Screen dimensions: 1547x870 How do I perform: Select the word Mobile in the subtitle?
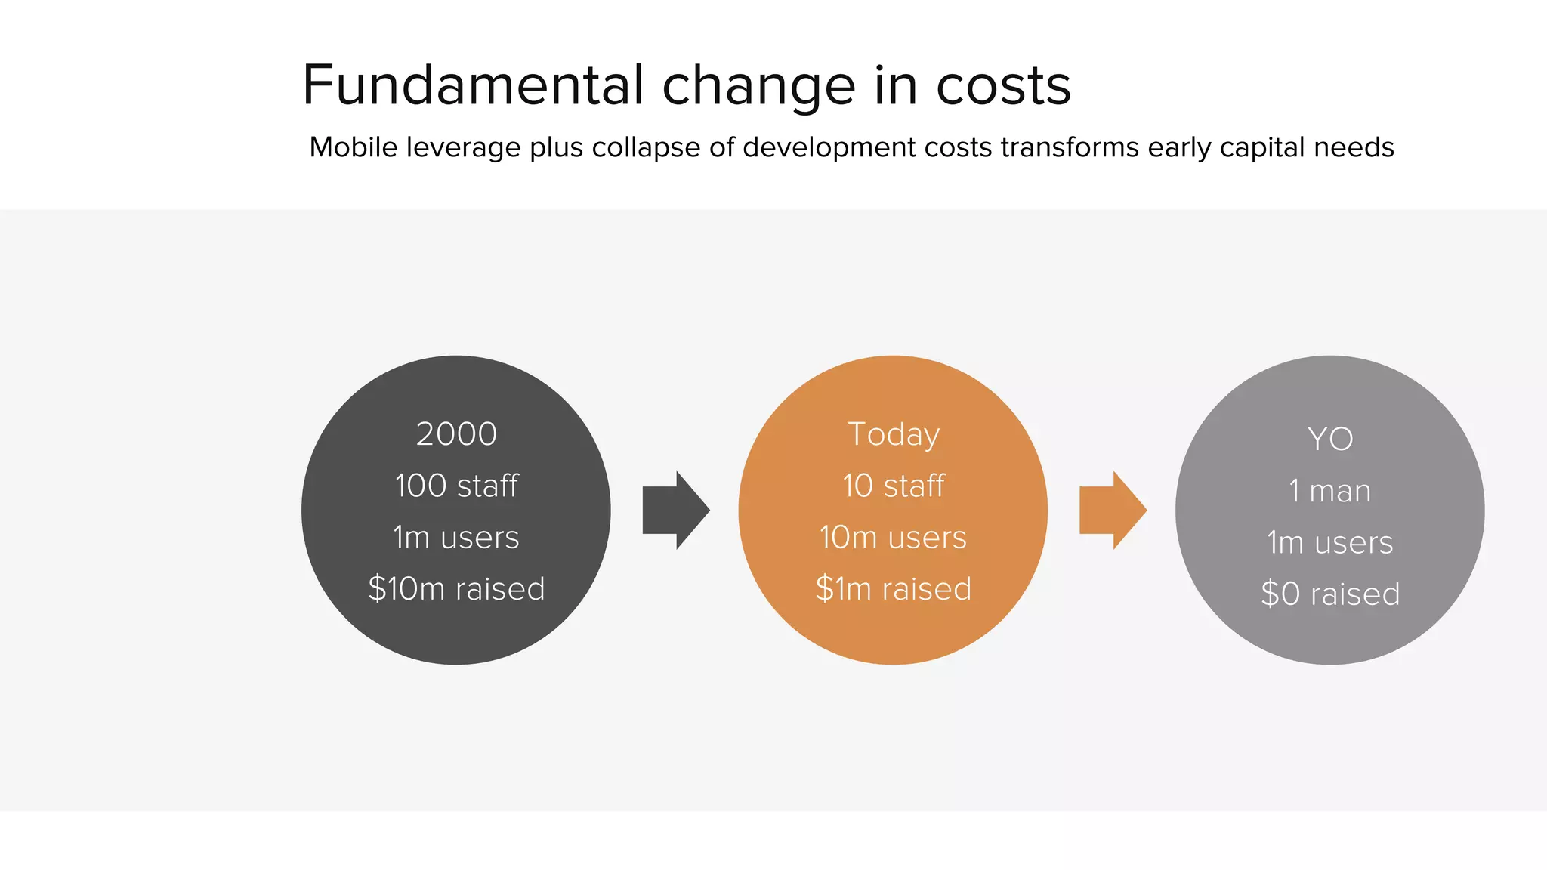(x=353, y=147)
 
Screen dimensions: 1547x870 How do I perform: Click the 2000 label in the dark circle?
(x=456, y=434)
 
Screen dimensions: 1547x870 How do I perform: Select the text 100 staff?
(x=456, y=486)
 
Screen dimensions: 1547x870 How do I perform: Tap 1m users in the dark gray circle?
(x=456, y=538)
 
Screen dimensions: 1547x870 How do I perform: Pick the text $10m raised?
(x=456, y=589)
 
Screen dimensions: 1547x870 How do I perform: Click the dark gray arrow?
(x=674, y=511)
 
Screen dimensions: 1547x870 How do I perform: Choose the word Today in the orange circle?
(x=894, y=434)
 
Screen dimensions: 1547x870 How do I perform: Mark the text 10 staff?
(x=894, y=486)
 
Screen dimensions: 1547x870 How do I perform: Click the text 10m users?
(x=894, y=538)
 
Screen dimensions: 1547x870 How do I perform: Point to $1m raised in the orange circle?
(x=894, y=589)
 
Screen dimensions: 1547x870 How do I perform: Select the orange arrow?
(x=1111, y=511)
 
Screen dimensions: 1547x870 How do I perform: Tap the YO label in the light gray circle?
(x=1330, y=439)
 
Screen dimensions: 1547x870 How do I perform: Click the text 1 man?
(x=1330, y=491)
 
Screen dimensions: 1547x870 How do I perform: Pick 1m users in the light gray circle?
(x=1330, y=543)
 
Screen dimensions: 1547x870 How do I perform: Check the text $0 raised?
(x=1330, y=594)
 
